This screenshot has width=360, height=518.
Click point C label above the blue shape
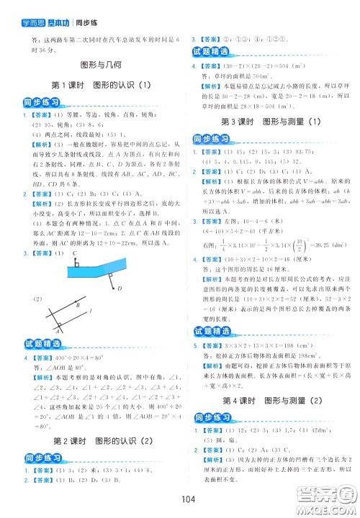(75, 234)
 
